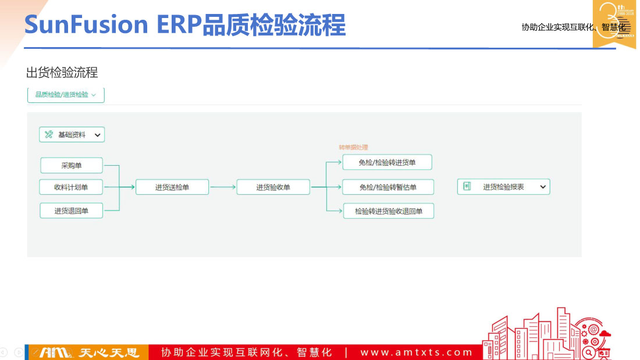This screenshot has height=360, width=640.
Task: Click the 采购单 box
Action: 72,165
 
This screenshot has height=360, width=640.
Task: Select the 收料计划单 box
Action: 72,187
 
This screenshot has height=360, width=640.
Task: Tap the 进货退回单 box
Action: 72,211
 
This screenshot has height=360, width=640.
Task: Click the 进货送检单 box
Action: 172,187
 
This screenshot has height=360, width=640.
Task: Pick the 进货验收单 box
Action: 273,187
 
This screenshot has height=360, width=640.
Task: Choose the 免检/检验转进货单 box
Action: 387,162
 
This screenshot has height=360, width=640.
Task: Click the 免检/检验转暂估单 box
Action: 387,187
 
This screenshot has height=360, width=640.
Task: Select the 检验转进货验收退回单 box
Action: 389,211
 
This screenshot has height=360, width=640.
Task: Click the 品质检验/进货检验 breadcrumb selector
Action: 66,95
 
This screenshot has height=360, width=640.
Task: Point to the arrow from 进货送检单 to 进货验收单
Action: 222,187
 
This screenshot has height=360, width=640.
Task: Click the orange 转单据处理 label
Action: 353,147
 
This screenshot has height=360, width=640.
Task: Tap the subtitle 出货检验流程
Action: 62,73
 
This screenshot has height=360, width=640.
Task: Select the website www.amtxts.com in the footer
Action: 416,352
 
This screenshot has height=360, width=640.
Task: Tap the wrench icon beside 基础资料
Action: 48,135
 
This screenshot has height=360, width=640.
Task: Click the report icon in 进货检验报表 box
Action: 466,187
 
